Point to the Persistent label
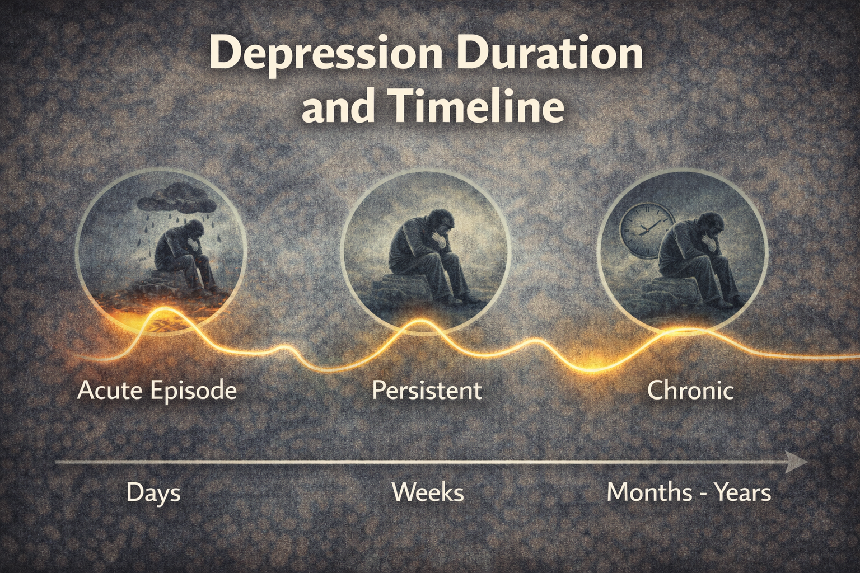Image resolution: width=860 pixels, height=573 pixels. [427, 391]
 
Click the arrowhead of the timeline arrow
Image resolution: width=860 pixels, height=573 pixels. [795, 462]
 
